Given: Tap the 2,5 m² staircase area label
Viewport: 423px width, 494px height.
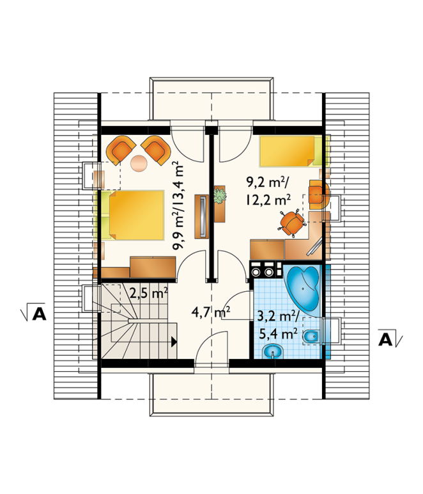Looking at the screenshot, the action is [148, 293].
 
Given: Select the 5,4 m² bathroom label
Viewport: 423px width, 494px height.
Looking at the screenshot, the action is [279, 333].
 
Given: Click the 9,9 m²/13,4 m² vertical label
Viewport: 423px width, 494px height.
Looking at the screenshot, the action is [178, 205].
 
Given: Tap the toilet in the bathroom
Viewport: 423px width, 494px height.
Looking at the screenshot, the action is [311, 337].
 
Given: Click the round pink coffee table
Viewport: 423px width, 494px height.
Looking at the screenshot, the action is [139, 163].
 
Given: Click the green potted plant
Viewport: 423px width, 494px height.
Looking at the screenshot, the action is [220, 196].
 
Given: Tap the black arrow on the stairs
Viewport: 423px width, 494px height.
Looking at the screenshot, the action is [174, 342].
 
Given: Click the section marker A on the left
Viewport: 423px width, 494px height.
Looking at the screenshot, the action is [39, 312].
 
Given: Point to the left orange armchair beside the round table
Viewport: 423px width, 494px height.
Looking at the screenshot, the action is [121, 149].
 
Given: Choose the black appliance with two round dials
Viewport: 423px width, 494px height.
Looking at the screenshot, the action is [265, 269].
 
